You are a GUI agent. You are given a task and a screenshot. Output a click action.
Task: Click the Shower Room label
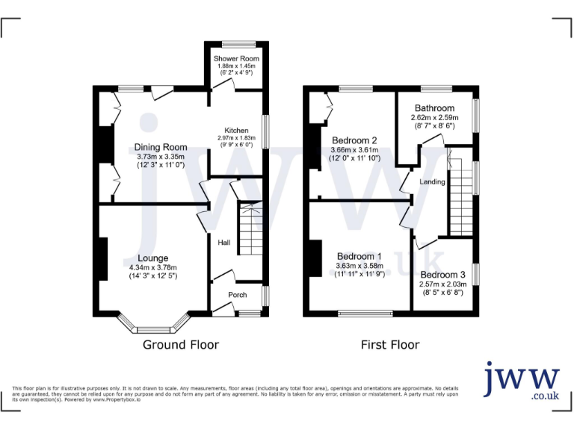coord(235,59)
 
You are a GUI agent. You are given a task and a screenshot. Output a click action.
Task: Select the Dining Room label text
coord(161,147)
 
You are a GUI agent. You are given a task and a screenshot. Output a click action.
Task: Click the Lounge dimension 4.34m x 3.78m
coord(152,267)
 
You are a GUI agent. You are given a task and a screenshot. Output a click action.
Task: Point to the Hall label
coord(223,243)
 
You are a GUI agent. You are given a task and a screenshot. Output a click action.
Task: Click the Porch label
coord(237,294)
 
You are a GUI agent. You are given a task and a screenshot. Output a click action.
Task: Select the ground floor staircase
coord(250,228)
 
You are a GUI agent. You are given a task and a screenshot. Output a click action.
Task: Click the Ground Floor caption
coord(181,345)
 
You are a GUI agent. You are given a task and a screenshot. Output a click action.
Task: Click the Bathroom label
coord(434,108)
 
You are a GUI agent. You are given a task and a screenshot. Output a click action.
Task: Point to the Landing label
coord(432,181)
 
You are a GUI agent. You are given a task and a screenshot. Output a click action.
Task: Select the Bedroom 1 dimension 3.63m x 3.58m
coord(359,265)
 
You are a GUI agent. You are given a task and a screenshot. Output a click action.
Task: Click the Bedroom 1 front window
coord(365,313)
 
